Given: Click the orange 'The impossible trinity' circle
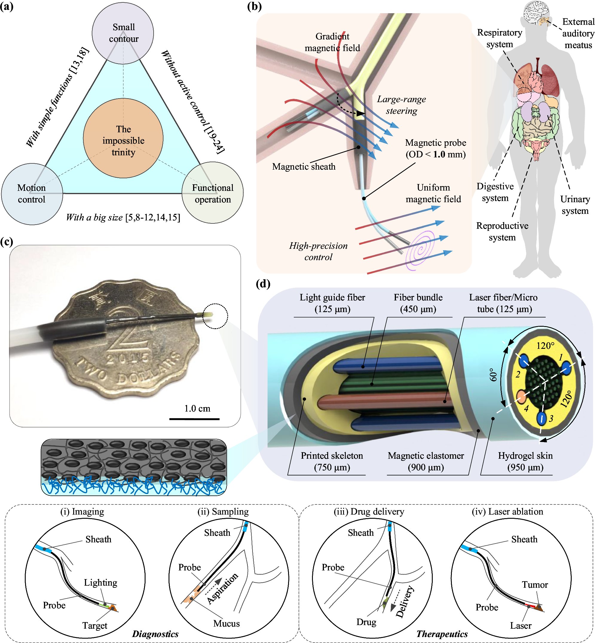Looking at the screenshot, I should coord(123,138).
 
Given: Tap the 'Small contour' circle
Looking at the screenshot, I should coord(123,33).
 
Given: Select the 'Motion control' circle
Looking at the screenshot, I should coord(32,194).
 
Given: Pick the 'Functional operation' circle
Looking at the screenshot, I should coord(212,193).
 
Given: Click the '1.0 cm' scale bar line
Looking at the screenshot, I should coord(194,419).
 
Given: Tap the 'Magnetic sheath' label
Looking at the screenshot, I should coord(304,167).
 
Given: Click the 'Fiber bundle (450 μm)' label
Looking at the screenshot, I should coord(418,303).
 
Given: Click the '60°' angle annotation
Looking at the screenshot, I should coord(494,375).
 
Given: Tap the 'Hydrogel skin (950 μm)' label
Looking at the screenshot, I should coord(525,461).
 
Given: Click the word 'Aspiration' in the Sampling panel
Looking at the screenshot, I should coord(222,588).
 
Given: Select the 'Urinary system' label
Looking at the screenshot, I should coord(575,205).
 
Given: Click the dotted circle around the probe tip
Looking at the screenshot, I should coord(215,316).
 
